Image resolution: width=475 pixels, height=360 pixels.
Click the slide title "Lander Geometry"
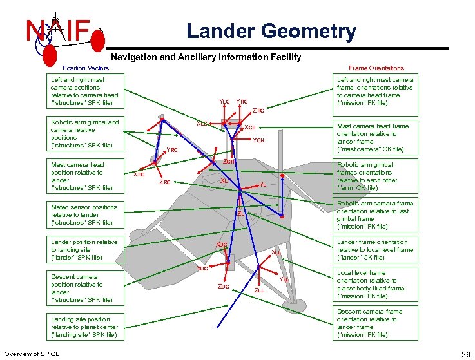click(x=271, y=31)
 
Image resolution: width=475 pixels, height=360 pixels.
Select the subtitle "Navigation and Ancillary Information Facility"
click(x=206, y=57)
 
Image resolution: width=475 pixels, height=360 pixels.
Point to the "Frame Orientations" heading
click(x=376, y=68)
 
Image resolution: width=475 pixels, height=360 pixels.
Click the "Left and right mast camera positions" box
click(x=86, y=91)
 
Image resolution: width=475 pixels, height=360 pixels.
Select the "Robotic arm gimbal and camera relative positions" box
click(x=86, y=133)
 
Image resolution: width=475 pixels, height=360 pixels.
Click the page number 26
click(x=465, y=354)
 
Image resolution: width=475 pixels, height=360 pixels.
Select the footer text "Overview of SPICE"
click(x=32, y=354)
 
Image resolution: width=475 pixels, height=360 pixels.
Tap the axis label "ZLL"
click(x=259, y=290)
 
